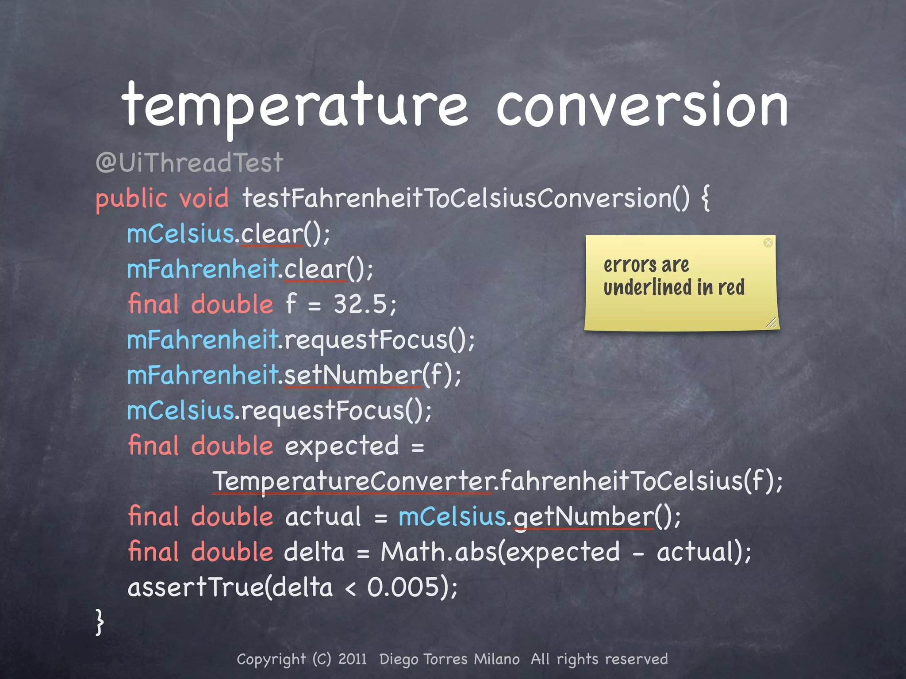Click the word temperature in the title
[294, 106]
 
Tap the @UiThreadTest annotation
[189, 163]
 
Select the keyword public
[131, 198]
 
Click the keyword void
[204, 198]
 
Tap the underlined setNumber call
[353, 375]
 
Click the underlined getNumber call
[584, 517]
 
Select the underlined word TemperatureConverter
[352, 481]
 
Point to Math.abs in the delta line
[438, 552]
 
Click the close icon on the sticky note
[768, 243]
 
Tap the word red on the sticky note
[731, 288]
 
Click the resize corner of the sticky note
[771, 323]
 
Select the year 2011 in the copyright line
[353, 659]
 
